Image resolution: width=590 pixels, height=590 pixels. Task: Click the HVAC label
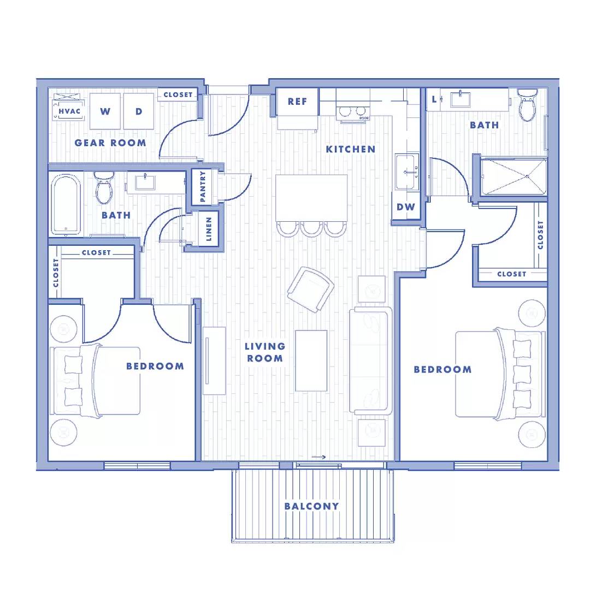(x=69, y=111)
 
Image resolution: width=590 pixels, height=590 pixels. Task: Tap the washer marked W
(x=105, y=111)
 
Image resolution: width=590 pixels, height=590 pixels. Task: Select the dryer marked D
(x=139, y=111)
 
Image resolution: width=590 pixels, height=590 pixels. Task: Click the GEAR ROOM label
(x=110, y=143)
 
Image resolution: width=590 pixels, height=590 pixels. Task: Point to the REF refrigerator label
(x=297, y=102)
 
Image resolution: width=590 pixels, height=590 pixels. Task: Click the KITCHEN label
(x=351, y=149)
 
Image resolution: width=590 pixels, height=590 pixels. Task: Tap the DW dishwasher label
(x=405, y=207)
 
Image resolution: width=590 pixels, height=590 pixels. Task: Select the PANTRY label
(x=203, y=187)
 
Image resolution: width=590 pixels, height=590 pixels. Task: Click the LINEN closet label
(x=209, y=229)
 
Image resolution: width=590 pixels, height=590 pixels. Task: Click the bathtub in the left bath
(x=66, y=204)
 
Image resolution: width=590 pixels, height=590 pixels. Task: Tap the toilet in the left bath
(x=104, y=187)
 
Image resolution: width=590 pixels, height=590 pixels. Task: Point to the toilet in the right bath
(x=528, y=104)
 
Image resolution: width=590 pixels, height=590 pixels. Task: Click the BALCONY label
(x=311, y=506)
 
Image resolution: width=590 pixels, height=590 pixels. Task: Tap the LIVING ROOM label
(x=265, y=352)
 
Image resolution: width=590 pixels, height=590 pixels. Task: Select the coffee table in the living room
(x=311, y=361)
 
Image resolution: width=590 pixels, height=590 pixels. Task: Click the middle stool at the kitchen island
(x=311, y=229)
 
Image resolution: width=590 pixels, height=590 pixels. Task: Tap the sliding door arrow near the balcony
(x=318, y=457)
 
